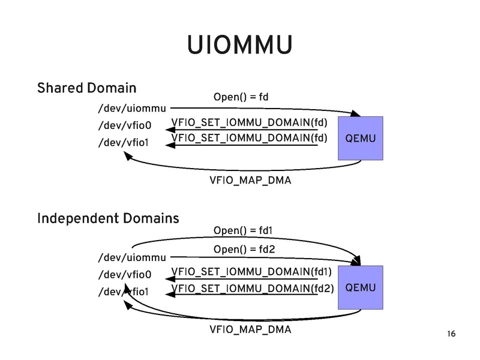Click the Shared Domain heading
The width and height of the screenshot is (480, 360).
86,88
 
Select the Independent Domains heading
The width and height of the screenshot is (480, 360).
108,218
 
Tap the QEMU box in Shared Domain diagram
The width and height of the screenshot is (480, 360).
360,139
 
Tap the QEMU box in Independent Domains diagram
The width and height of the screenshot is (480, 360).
360,288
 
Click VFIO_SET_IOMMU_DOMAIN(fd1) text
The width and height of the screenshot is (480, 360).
252,272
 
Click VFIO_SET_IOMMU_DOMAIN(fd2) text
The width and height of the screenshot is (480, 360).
252,288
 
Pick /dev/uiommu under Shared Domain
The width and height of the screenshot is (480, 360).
131,109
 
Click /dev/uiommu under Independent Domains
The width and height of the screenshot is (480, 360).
131,259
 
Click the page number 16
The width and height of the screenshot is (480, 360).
451,334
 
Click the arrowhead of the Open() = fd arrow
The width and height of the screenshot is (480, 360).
355,113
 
